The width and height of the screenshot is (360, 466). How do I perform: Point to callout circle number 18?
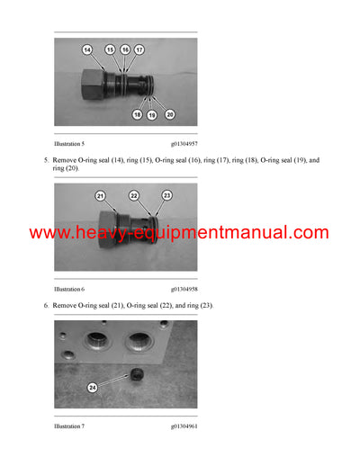(x=138, y=115)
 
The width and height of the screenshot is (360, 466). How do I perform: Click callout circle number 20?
(x=169, y=114)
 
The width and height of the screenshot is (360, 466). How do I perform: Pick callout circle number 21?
(x=100, y=195)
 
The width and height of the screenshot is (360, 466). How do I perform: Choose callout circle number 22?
(x=133, y=195)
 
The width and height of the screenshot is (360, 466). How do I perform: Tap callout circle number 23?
(x=166, y=195)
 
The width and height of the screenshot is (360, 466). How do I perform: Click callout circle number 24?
(x=93, y=388)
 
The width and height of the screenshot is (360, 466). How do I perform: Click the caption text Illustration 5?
(x=69, y=143)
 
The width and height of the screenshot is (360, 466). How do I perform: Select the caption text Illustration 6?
(x=69, y=290)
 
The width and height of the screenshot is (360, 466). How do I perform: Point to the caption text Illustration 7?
(x=69, y=426)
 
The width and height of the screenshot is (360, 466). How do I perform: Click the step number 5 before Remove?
(x=46, y=160)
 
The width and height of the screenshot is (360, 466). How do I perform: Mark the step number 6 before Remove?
(x=46, y=306)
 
